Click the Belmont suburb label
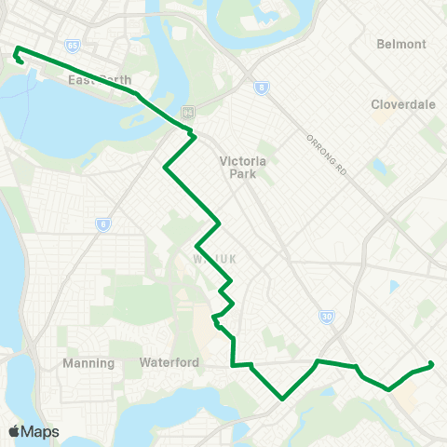coord(401,44)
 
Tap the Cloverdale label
coord(403,104)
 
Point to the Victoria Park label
coord(243,167)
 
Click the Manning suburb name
coord(88,362)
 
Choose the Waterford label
coord(169,362)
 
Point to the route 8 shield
coord(262,88)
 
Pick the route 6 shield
coord(102,223)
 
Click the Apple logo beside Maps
coord(14,431)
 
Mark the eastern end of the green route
coord(432,365)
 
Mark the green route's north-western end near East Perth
coord(17,48)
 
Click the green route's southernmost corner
coord(282,398)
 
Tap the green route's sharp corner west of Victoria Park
coord(165,169)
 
